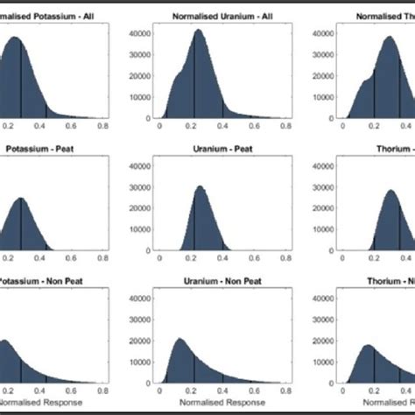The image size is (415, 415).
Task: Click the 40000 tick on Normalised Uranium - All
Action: [x=139, y=32]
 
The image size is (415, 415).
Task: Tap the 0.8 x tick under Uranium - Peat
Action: [x=287, y=260]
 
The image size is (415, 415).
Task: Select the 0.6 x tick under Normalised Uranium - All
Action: [x=255, y=128]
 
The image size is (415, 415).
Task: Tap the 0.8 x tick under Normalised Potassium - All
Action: [x=104, y=128]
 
